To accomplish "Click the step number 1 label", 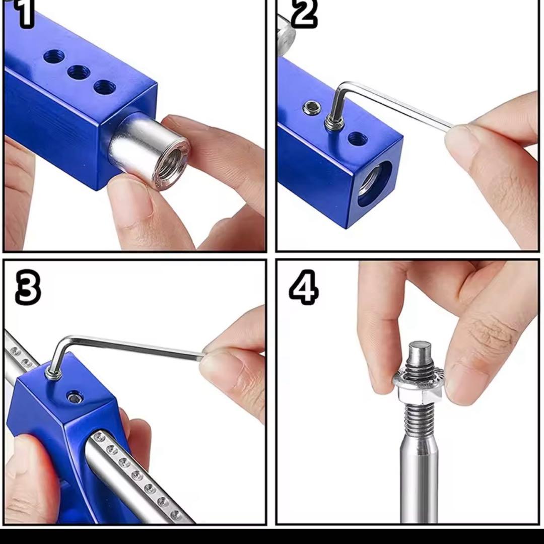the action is pyautogui.click(x=25, y=14).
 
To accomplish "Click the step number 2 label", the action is pyautogui.click(x=304, y=14).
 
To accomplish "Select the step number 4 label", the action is pyautogui.click(x=304, y=287).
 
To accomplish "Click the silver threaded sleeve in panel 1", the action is pyautogui.click(x=149, y=151).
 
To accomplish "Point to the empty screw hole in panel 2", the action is pyautogui.click(x=357, y=139).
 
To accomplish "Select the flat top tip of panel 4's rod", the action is pyautogui.click(x=420, y=346).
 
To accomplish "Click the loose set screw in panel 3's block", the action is pyautogui.click(x=75, y=397).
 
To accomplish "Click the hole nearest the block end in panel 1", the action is pyautogui.click(x=105, y=87).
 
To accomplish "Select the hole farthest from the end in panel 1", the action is pyautogui.click(x=54, y=56).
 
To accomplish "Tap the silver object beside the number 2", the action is pyautogui.click(x=285, y=35).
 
